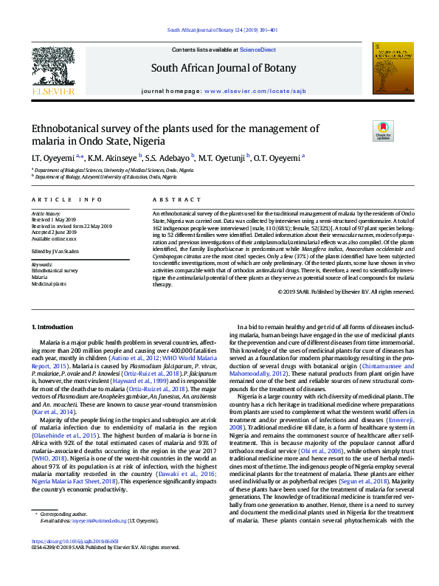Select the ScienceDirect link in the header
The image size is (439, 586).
click(x=257, y=49)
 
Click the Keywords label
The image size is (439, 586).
click(x=42, y=263)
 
